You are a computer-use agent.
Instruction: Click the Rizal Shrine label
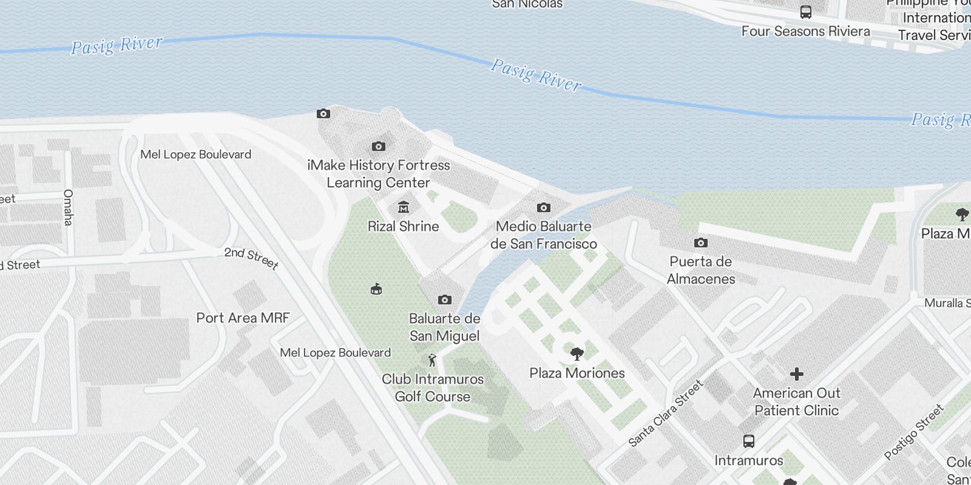[403, 226]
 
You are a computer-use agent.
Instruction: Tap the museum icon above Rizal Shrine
[403, 208]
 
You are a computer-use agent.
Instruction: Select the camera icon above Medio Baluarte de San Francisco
[544, 208]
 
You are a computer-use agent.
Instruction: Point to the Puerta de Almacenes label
[701, 270]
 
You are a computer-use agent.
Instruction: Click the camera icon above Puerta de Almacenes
[701, 243]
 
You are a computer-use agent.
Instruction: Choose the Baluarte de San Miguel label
[445, 327]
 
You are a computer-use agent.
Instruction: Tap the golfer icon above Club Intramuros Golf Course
[432, 361]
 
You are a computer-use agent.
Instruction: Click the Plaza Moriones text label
[577, 373]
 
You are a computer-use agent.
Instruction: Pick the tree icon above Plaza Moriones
[577, 353]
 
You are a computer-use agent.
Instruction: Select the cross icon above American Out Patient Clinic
[797, 374]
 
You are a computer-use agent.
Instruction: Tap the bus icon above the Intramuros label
[749, 441]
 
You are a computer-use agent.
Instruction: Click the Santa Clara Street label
[665, 413]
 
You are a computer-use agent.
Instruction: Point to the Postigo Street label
[914, 432]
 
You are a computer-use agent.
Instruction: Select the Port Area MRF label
[243, 318]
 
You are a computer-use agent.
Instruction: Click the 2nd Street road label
[251, 258]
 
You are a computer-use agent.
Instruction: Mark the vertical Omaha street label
[68, 207]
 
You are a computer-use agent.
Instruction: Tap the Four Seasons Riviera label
[805, 31]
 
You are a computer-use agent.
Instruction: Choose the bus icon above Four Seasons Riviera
[806, 12]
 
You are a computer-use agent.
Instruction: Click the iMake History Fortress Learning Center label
[379, 174]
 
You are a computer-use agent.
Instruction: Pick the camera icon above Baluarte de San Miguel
[445, 299]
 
